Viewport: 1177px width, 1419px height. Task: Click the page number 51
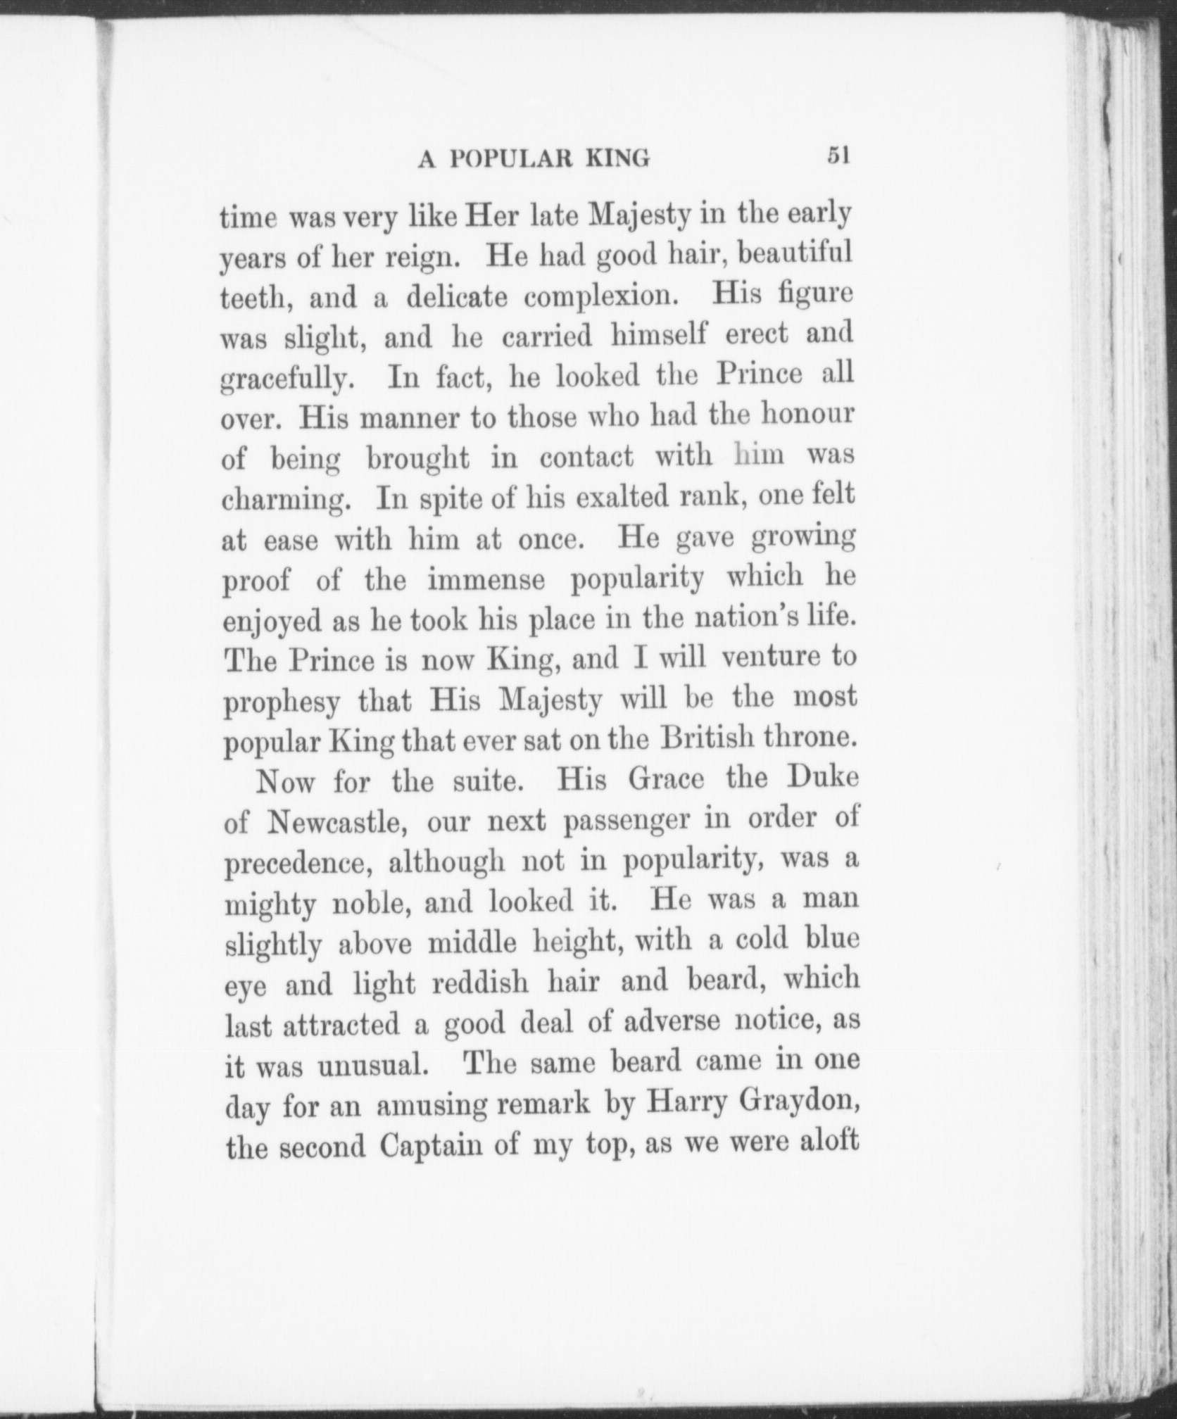point(839,155)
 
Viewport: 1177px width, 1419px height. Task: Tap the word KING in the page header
point(617,159)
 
